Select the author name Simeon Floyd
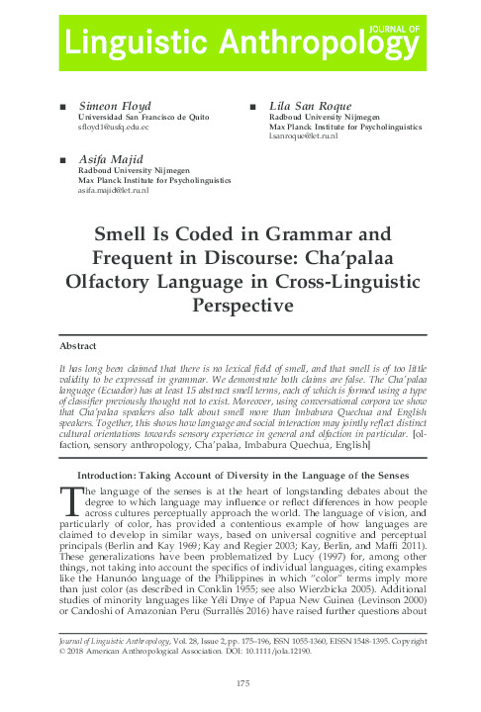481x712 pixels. (109, 106)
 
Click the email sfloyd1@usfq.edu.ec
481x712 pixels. (114, 129)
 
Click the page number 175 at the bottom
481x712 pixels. (240, 687)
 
